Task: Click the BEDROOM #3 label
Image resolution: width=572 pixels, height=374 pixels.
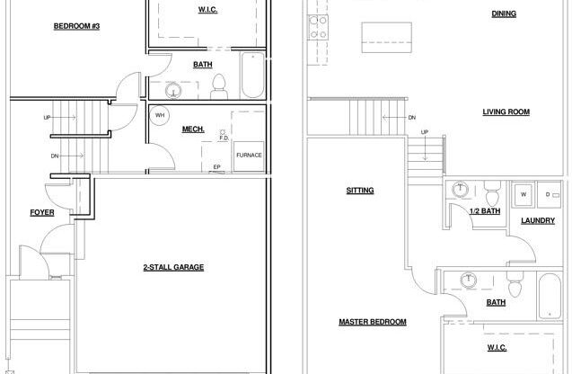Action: click(76, 26)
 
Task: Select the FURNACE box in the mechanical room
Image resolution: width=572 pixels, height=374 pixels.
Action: click(249, 154)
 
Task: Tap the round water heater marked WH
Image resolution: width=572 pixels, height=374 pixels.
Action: click(160, 116)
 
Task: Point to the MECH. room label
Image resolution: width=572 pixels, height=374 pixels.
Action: click(193, 129)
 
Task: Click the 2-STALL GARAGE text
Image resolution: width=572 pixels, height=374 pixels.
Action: click(173, 267)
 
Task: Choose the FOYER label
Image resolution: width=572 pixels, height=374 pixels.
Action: click(41, 213)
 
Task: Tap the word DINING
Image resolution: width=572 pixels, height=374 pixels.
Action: click(504, 13)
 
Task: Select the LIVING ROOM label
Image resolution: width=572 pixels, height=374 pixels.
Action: click(506, 112)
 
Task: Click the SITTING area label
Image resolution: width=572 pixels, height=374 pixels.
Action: click(360, 190)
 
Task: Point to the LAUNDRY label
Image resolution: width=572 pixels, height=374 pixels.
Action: click(538, 220)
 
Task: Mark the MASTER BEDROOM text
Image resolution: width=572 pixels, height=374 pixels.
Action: click(372, 321)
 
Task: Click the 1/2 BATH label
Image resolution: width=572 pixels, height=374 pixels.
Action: click(484, 211)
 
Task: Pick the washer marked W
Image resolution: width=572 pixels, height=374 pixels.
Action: click(523, 193)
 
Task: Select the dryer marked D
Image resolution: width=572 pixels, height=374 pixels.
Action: click(549, 193)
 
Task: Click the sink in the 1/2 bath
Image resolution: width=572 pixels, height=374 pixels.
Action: click(461, 191)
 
